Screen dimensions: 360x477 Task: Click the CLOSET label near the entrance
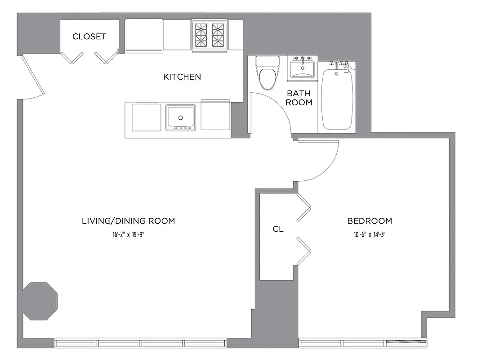(x=89, y=36)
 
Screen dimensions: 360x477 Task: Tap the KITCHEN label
(x=182, y=77)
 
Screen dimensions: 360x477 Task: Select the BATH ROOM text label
(x=299, y=98)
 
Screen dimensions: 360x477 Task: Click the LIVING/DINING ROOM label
(x=128, y=221)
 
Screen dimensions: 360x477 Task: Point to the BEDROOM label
(x=370, y=221)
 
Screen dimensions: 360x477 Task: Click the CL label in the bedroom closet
(x=278, y=229)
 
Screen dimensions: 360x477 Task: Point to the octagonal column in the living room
(x=40, y=301)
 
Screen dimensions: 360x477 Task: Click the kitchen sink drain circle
(x=180, y=118)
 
